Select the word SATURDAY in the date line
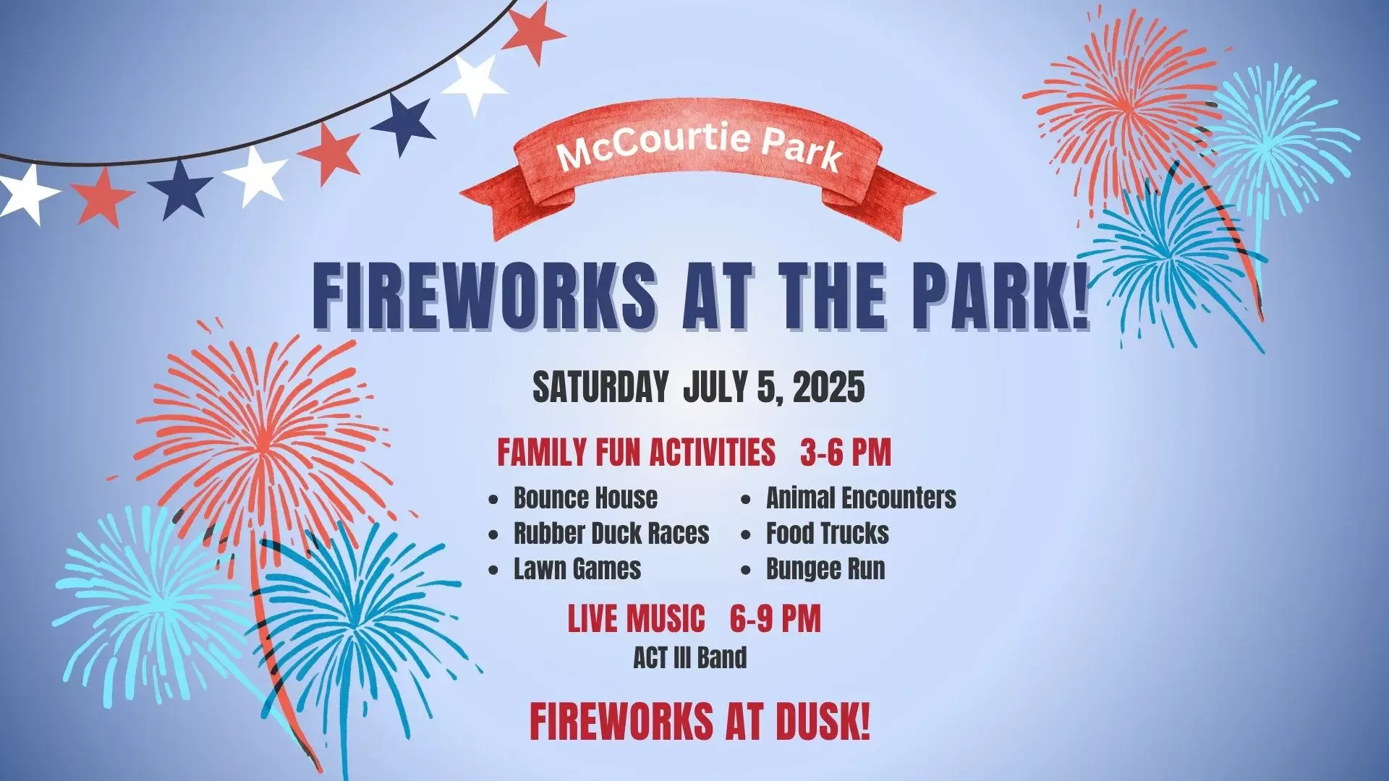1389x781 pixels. pos(600,387)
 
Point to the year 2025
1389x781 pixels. pos(829,387)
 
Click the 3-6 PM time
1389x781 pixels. pos(846,453)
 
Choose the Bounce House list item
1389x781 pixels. pos(585,498)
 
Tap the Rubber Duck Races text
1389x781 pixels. pos(611,534)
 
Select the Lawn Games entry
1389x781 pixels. pos(577,569)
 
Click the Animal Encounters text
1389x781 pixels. pos(861,498)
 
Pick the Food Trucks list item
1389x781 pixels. pos(828,534)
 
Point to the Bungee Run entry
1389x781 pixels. pos(825,569)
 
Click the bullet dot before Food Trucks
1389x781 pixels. pos(747,535)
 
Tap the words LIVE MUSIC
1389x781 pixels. pos(636,619)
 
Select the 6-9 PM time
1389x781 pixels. pos(776,619)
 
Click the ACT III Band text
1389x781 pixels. pos(690,658)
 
